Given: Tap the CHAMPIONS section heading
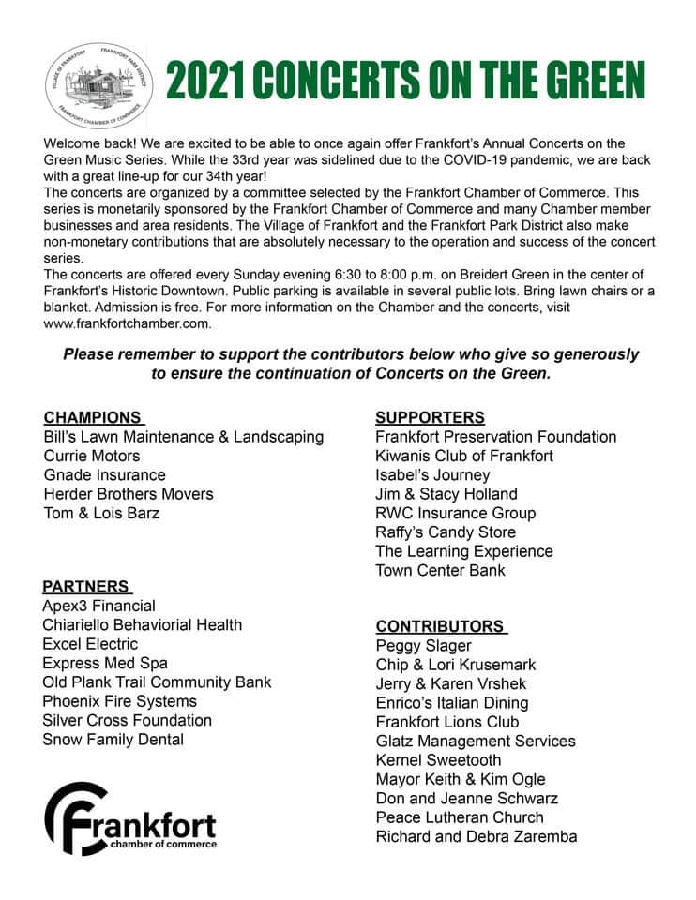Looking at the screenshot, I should pyautogui.click(x=93, y=417).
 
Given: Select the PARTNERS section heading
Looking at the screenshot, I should pyautogui.click(x=86, y=587).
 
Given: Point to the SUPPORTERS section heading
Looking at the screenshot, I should pyautogui.click(x=430, y=417).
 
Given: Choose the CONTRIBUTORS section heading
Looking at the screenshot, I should pyautogui.click(x=440, y=626).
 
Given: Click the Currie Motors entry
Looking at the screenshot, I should pyautogui.click(x=92, y=457).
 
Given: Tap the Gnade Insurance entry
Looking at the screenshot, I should pyautogui.click(x=104, y=475).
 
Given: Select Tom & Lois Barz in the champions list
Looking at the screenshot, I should pyautogui.click(x=101, y=514).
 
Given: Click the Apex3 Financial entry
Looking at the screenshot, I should pyautogui.click(x=98, y=607).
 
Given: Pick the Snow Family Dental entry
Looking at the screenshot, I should pyautogui.click(x=113, y=740).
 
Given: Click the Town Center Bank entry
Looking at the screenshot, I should pyautogui.click(x=440, y=571).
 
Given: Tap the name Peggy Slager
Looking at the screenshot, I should pyautogui.click(x=423, y=646).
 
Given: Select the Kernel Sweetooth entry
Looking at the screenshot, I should pyautogui.click(x=438, y=760).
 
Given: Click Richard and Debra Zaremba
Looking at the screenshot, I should pyautogui.click(x=476, y=836).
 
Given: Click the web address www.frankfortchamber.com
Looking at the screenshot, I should pyautogui.click(x=128, y=324).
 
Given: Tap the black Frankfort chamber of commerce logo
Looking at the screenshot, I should pyautogui.click(x=130, y=817).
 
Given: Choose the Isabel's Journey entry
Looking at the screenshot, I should pyautogui.click(x=431, y=475).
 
